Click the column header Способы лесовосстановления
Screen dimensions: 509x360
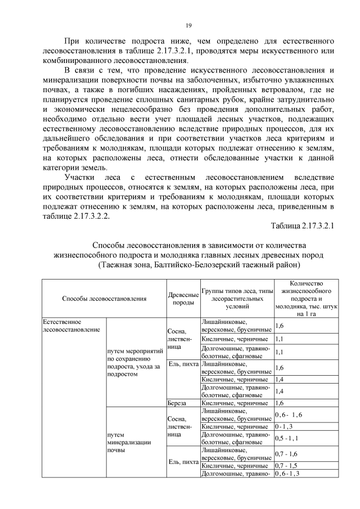tap(104, 299)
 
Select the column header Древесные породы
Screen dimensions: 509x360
tap(182, 299)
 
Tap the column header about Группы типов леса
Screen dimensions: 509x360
tap(237, 299)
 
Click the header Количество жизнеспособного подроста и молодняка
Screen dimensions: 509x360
tap(306, 299)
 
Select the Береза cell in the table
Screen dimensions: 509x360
tap(177, 403)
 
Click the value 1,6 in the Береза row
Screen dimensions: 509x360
tap(280, 403)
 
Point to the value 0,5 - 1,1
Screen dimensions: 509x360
tap(286, 438)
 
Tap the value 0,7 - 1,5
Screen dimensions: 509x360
tap(286, 466)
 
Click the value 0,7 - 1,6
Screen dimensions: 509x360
tap(286, 453)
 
